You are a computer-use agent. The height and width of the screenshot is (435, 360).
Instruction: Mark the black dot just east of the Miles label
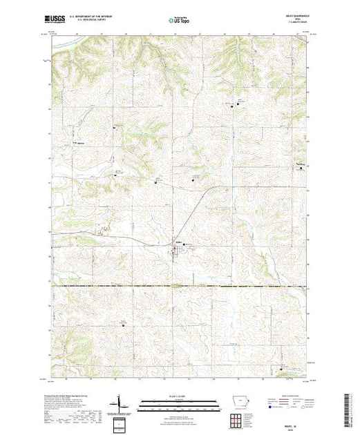pos(185,244)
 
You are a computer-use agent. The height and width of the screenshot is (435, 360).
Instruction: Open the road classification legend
pos(290,400)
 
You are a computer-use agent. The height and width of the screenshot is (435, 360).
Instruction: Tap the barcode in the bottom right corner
pos(349,407)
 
